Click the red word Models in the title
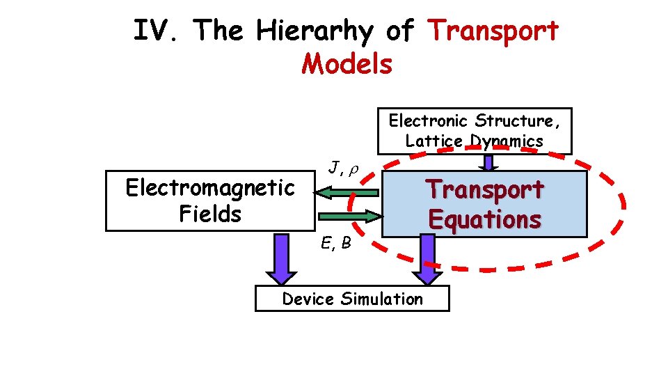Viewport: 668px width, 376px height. pos(347,64)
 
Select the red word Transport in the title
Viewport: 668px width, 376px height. pos(494,31)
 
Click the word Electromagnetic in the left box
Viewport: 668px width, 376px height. pos(209,187)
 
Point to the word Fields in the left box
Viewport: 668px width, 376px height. pos(209,214)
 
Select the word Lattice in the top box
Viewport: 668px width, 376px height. pos(434,141)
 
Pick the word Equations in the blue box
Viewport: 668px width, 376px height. pos(485,219)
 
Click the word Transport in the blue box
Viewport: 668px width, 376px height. pos(485,189)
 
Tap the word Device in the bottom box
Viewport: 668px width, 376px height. pos(309,299)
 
